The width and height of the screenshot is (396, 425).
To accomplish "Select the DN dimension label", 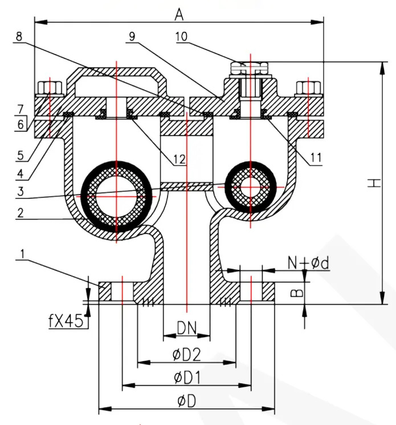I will click(x=187, y=327).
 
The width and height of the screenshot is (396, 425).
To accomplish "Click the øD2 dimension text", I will click(x=186, y=355).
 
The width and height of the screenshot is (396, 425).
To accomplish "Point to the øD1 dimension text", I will click(x=186, y=378).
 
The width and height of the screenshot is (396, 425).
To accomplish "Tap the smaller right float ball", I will click(x=249, y=187).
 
